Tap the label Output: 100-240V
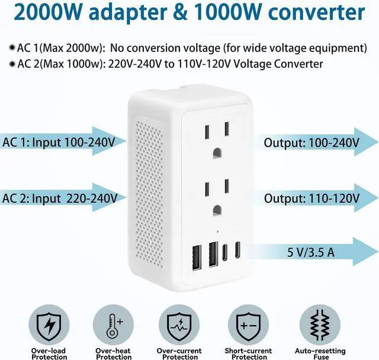pos(311,143)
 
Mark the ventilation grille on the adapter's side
pos(147,195)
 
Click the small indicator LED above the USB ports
pos(217,231)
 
